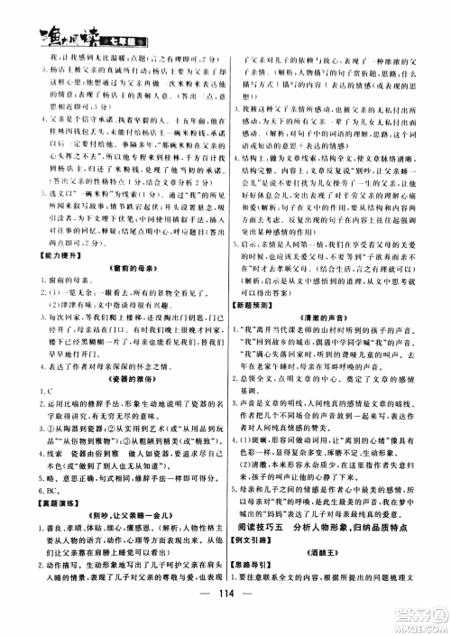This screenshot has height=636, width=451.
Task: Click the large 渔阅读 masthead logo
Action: click(x=45, y=15)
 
